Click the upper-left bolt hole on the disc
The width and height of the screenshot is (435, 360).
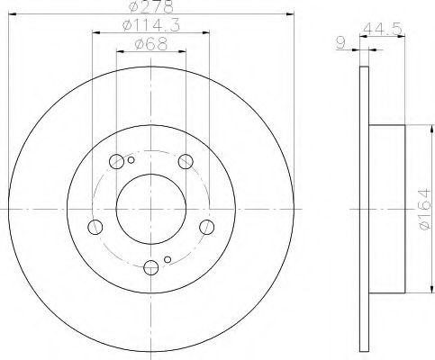point(116,162)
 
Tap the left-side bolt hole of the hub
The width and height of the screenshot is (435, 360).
point(95,226)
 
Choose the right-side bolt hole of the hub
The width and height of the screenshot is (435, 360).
point(206,226)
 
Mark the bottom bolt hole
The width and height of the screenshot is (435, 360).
point(150,266)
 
